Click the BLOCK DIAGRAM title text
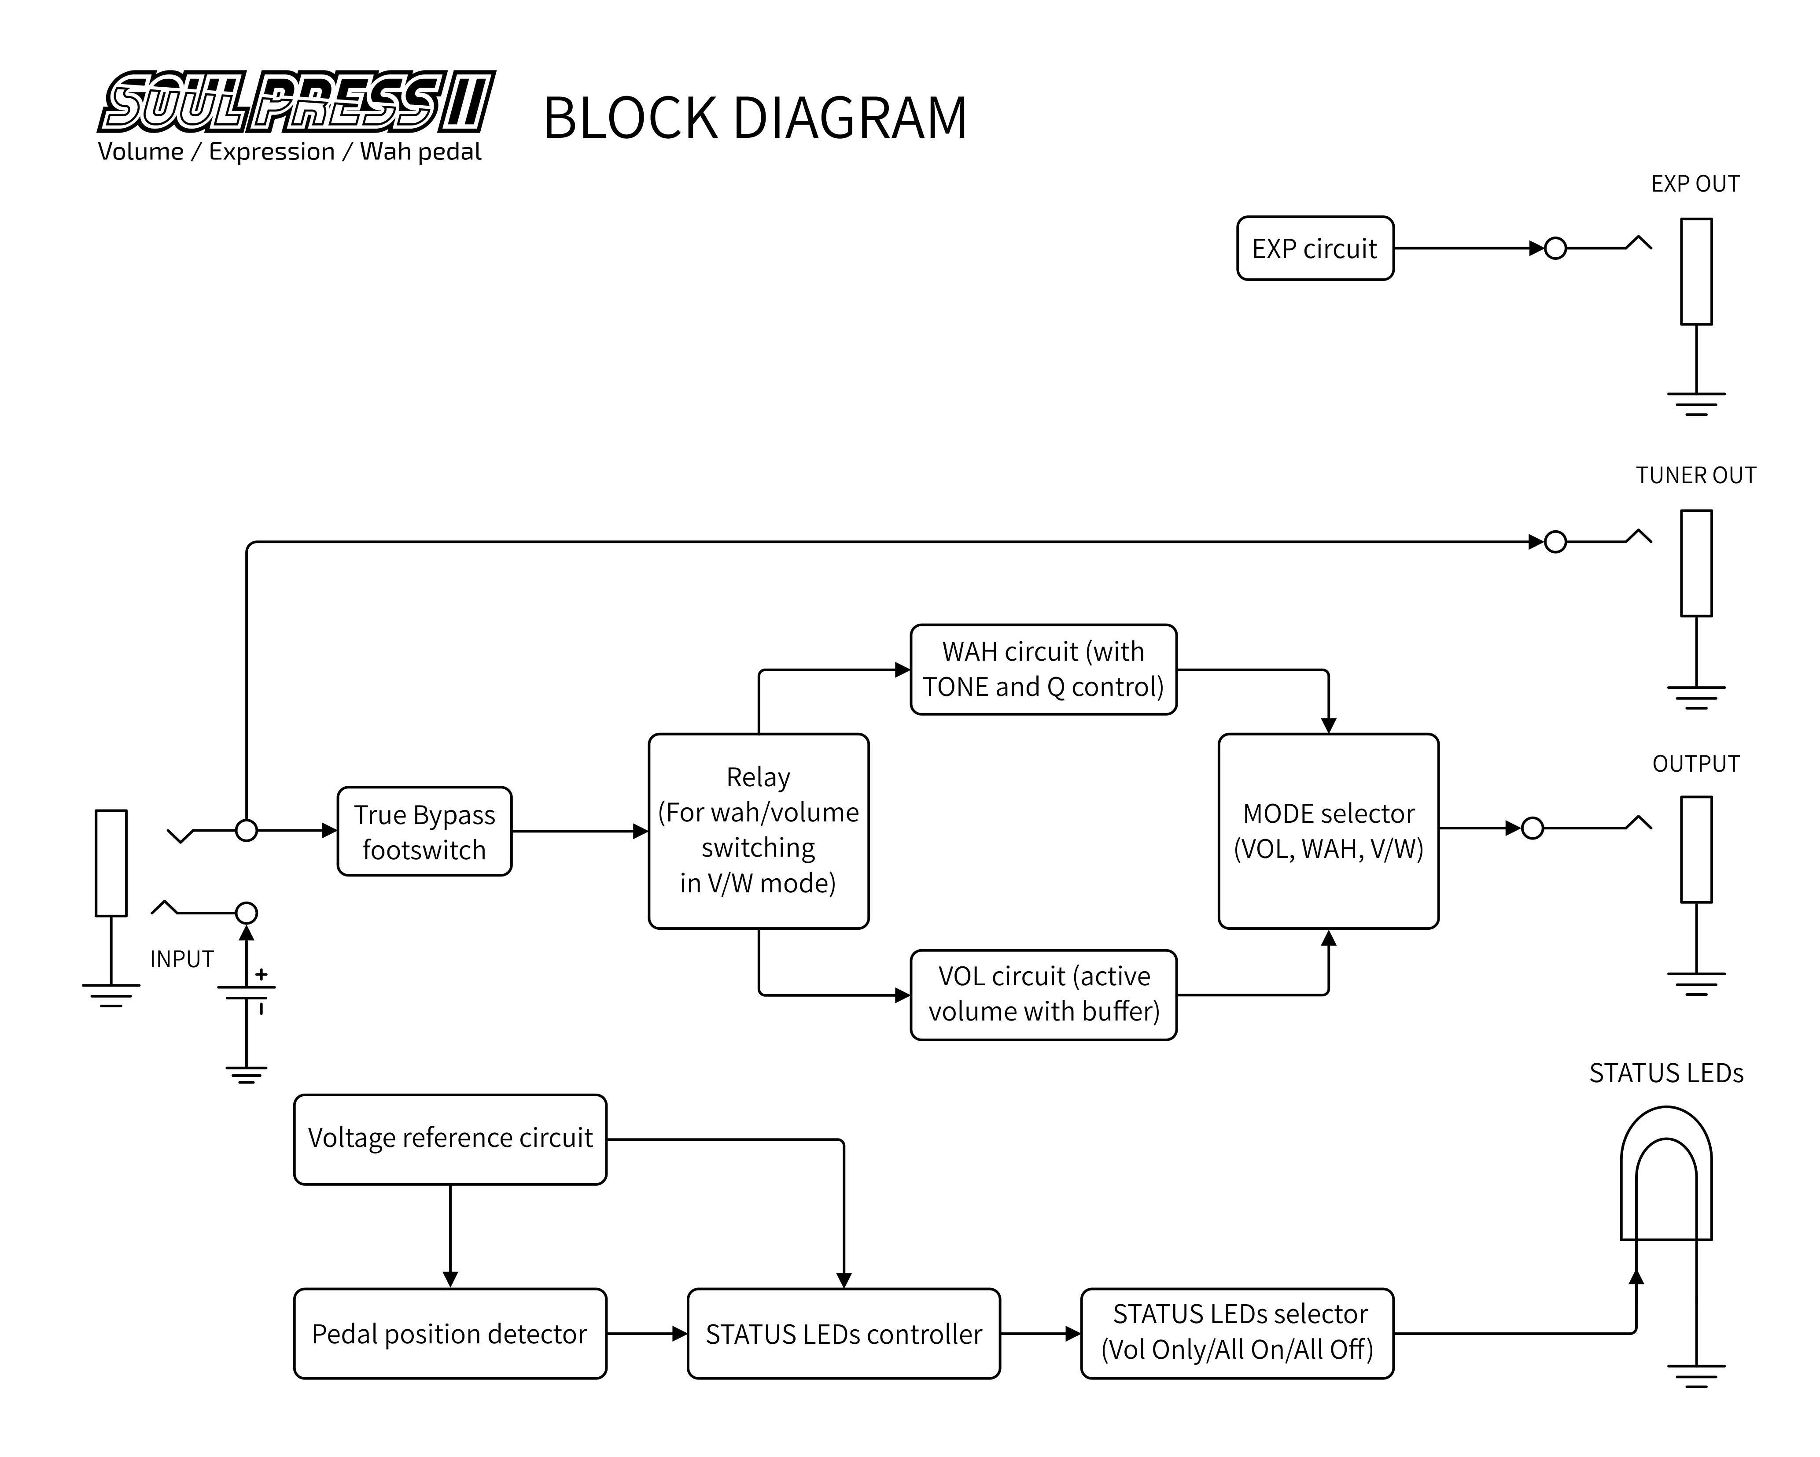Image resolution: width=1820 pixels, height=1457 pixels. pyautogui.click(x=754, y=118)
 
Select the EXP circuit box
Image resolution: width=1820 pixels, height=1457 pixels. pyautogui.click(x=1314, y=248)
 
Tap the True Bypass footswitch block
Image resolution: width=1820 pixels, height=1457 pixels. pyautogui.click(x=424, y=831)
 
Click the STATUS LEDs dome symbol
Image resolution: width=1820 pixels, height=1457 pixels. pyautogui.click(x=1665, y=1174)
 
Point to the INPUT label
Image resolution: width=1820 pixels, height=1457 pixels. pyautogui.click(x=181, y=959)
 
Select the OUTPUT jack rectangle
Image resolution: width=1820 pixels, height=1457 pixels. pyautogui.click(x=1696, y=849)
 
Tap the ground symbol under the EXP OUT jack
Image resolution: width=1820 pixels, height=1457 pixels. pyautogui.click(x=1696, y=404)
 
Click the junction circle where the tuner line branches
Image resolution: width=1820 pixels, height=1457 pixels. pyautogui.click(x=247, y=830)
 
